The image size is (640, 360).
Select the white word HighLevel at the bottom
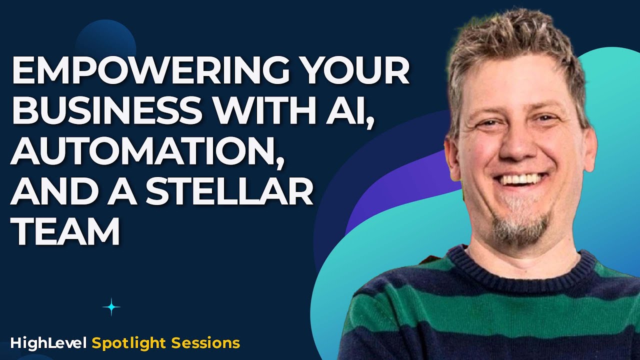coord(49,343)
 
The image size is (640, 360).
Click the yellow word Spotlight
coord(128,343)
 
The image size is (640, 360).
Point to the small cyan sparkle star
coord(111,307)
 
